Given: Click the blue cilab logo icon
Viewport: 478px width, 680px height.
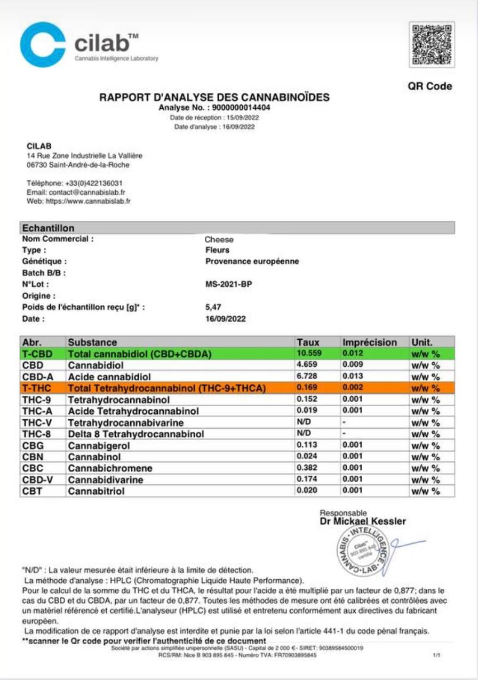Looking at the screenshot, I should (43, 45).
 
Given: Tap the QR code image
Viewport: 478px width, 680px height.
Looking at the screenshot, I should (432, 44).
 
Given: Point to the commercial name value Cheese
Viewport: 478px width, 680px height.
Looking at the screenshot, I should (219, 239).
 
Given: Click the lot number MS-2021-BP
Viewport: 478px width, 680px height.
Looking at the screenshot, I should (228, 284).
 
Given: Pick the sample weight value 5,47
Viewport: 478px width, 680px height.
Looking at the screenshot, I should (213, 307).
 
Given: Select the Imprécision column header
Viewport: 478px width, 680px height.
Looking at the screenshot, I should (370, 342).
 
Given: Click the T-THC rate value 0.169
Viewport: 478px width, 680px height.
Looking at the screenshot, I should (306, 388).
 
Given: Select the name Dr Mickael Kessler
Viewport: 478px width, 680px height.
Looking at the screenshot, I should (363, 521).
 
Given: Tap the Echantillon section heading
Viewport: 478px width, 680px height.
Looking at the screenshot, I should (48, 228).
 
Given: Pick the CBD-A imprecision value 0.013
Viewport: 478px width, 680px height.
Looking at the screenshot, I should (353, 376).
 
